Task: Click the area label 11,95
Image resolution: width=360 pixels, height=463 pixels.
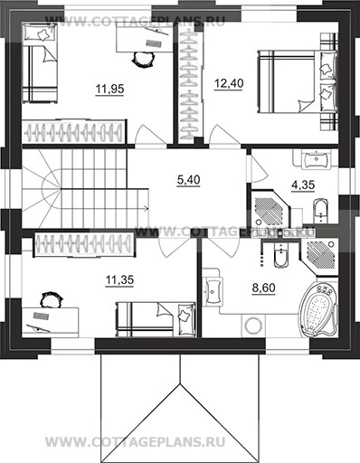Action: pyautogui.click(x=109, y=89)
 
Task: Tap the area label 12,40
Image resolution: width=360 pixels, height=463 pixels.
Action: pyautogui.click(x=229, y=83)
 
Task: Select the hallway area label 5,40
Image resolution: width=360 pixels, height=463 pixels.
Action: pyautogui.click(x=189, y=180)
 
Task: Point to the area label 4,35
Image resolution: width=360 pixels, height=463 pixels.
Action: pyautogui.click(x=303, y=184)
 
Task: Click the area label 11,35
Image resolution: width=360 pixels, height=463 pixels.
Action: pyautogui.click(x=119, y=280)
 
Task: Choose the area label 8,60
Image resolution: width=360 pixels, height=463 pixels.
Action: pyautogui.click(x=264, y=288)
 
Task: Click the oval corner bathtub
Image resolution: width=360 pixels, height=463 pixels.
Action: pyautogui.click(x=318, y=309)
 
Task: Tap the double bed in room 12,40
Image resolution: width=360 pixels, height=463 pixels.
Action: pyautogui.click(x=297, y=82)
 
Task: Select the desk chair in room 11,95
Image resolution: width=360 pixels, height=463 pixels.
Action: pyautogui.click(x=143, y=59)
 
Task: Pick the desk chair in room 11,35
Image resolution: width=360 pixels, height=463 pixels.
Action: pyautogui.click(x=52, y=300)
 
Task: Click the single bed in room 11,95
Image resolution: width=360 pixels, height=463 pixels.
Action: pyautogui.click(x=39, y=64)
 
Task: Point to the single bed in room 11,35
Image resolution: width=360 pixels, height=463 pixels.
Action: pyautogui.click(x=156, y=319)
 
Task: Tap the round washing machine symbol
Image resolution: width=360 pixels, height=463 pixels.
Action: pyautogui.click(x=253, y=326)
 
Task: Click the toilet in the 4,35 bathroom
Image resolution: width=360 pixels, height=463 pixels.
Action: pyautogui.click(x=320, y=210)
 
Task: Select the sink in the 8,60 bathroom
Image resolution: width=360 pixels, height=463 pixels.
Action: pyautogui.click(x=213, y=290)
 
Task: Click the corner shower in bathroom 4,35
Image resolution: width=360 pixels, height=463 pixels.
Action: pyautogui.click(x=269, y=209)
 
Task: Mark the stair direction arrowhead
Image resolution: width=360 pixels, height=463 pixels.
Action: pyautogui.click(x=147, y=208)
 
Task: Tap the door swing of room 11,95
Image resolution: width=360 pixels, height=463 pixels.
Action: pyautogui.click(x=150, y=135)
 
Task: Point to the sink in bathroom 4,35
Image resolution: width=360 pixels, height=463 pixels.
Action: pyautogui.click(x=317, y=159)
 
